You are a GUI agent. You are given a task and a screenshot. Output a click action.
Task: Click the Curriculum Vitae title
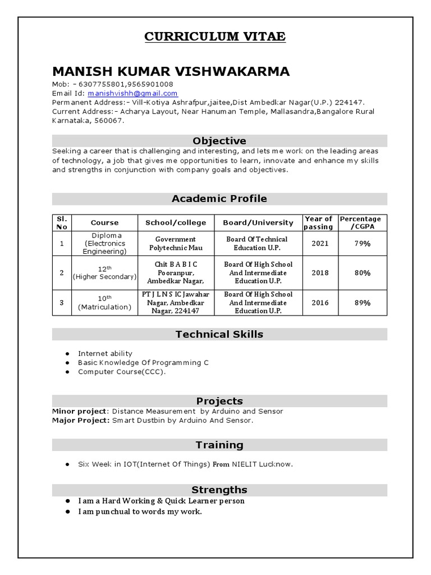pos(215,37)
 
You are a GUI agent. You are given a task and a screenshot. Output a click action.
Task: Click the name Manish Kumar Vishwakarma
pos(171,71)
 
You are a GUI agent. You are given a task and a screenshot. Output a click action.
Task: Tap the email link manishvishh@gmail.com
pos(132,93)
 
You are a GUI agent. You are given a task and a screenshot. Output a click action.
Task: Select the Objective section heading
pos(219,141)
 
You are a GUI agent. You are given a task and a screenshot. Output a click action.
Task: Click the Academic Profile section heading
pos(219,199)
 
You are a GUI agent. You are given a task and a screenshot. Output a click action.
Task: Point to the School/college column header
pos(176,222)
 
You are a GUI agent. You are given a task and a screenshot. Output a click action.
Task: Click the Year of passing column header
pos(318,222)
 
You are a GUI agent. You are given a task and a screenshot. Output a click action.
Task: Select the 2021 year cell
pos(320,244)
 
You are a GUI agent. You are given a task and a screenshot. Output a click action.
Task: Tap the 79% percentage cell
pos(362,244)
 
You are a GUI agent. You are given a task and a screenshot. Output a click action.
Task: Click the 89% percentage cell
pos(362,303)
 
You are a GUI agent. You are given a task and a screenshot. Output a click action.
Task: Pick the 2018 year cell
pos(320,273)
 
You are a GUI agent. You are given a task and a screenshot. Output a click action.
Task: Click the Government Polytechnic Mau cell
pos(176,244)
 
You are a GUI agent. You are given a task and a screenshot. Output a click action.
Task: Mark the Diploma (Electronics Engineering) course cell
pos(104,244)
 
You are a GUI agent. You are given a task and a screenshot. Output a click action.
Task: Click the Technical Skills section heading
pos(219,335)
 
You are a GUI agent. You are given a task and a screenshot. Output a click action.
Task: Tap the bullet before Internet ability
pos(67,354)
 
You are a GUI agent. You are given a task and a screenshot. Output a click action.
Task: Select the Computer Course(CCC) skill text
pos(122,372)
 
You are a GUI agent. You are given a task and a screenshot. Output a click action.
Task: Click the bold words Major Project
pos(80,420)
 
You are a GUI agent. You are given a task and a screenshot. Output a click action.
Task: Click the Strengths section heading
pos(219,490)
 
